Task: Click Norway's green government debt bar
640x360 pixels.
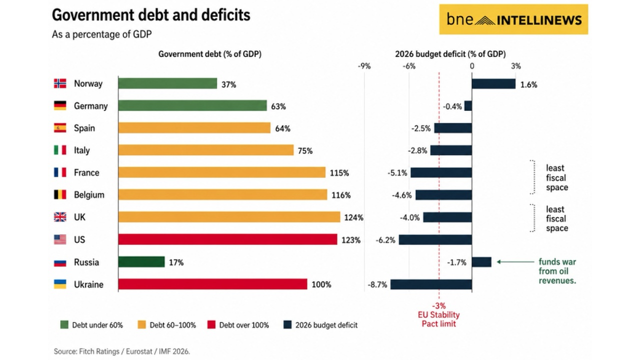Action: pyautogui.click(x=167, y=83)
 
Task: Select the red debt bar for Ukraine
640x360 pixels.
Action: pyautogui.click(x=212, y=284)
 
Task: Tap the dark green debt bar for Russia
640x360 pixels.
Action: pyautogui.click(x=141, y=262)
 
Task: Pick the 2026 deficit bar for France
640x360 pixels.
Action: pyautogui.click(x=441, y=172)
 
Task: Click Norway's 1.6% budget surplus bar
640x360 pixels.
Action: pyautogui.click(x=493, y=84)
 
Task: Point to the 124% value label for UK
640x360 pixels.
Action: pyautogui.click(x=353, y=217)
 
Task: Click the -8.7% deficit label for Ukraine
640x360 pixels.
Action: pyautogui.click(x=377, y=284)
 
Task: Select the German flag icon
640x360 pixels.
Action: pyautogui.click(x=60, y=105)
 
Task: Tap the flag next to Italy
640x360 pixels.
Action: pyautogui.click(x=60, y=150)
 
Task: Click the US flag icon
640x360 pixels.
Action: pyautogui.click(x=60, y=239)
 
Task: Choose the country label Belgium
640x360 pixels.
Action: pyautogui.click(x=89, y=195)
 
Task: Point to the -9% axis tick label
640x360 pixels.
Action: pyautogui.click(x=364, y=66)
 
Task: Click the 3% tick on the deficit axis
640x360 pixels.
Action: pyautogui.click(x=516, y=66)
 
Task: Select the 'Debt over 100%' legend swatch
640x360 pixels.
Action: pyautogui.click(x=211, y=325)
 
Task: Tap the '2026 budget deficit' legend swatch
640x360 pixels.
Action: pyautogui.click(x=287, y=325)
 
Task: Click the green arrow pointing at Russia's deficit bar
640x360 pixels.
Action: pyautogui.click(x=515, y=261)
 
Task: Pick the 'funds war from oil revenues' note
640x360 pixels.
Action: pyautogui.click(x=557, y=271)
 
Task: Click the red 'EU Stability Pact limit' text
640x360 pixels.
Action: pyautogui.click(x=439, y=319)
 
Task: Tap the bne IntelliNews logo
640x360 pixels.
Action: pyautogui.click(x=513, y=19)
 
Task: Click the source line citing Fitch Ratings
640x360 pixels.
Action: pyautogui.click(x=122, y=351)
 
